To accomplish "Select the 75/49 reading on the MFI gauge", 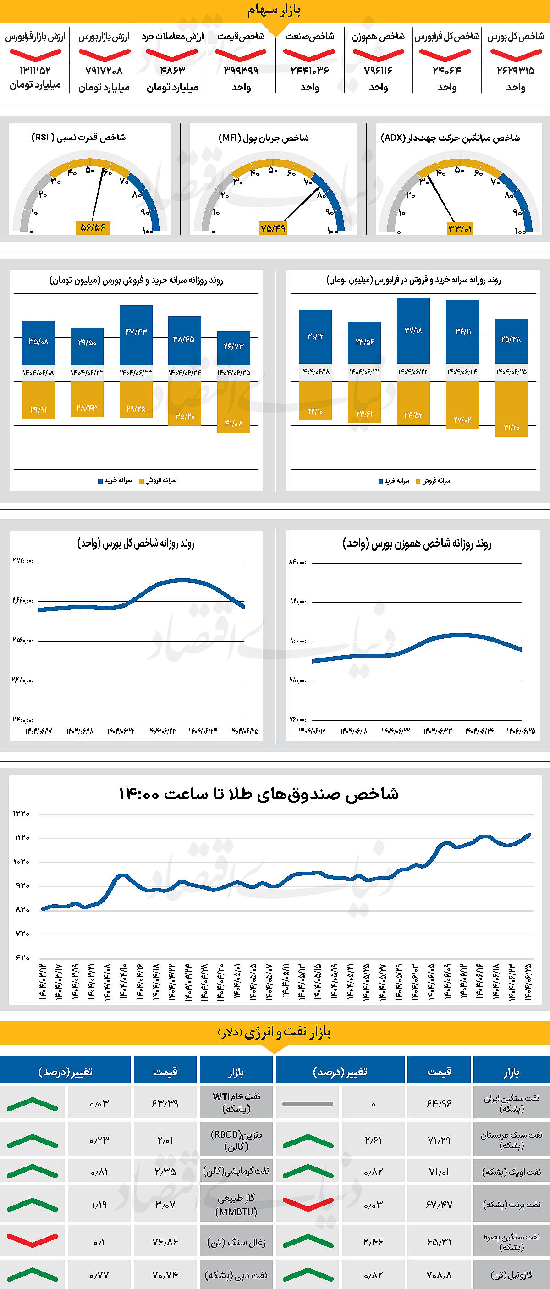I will (x=273, y=228).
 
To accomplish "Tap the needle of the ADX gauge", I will (x=441, y=199).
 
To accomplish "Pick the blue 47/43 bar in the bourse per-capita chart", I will (x=136, y=335).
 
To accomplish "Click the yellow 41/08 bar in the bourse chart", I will (x=233, y=407).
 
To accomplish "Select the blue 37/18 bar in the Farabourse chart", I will (x=413, y=330).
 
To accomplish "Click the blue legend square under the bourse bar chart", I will (x=100, y=481).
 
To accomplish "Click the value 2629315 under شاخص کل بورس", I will (x=516, y=71).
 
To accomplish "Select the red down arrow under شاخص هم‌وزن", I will (x=379, y=54).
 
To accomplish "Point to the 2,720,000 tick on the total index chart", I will (x=23, y=561).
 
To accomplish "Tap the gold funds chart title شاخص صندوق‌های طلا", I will (x=258, y=794).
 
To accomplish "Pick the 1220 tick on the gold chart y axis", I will (x=22, y=814).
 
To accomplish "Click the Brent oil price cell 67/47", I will (x=439, y=1205).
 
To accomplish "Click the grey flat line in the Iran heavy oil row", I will (x=308, y=1104).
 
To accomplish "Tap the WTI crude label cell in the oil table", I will (x=236, y=1102).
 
